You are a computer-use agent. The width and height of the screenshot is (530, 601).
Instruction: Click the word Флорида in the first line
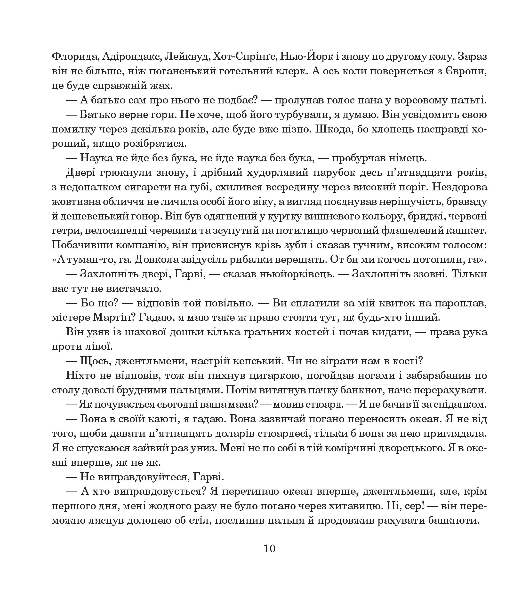point(74,56)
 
